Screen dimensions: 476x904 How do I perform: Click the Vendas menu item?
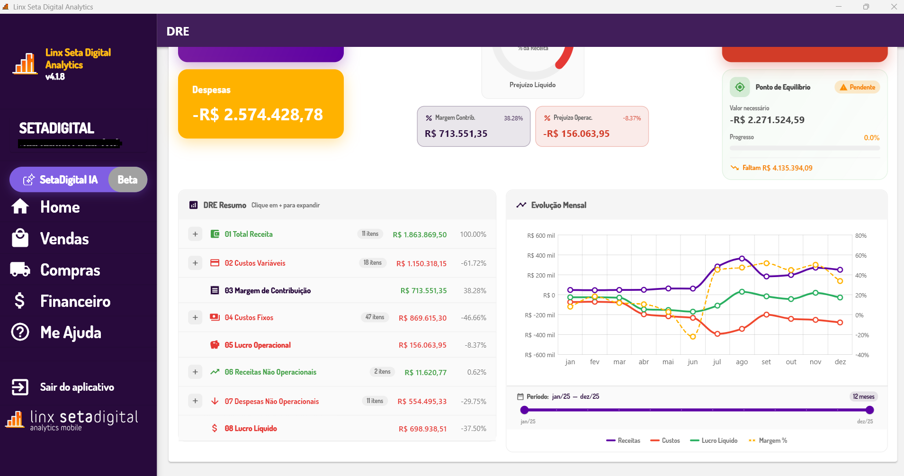pos(64,239)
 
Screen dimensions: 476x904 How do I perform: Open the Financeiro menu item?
pos(75,301)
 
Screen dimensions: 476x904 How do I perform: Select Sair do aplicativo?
pos(77,387)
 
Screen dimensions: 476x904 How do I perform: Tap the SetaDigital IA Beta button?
pos(78,180)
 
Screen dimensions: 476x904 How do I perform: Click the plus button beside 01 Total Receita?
pos(195,234)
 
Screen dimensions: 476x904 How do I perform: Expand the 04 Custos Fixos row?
pos(195,317)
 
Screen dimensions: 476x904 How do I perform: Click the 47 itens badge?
pos(375,317)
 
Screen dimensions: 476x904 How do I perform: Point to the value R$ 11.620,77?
pos(425,373)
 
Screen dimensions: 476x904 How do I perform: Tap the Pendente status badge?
pos(857,87)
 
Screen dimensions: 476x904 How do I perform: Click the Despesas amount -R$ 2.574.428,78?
pos(258,115)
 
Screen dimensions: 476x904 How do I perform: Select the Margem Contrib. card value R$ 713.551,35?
pos(456,134)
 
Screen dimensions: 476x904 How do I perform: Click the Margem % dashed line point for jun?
pos(693,337)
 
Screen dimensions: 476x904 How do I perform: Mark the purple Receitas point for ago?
pos(742,259)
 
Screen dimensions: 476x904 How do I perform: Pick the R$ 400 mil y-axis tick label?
pos(541,256)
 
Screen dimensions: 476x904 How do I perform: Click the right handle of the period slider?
pos(869,410)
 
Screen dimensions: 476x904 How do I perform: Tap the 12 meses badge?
pos(863,396)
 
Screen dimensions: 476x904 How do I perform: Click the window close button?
pos(894,7)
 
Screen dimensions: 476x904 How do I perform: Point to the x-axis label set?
pos(766,362)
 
